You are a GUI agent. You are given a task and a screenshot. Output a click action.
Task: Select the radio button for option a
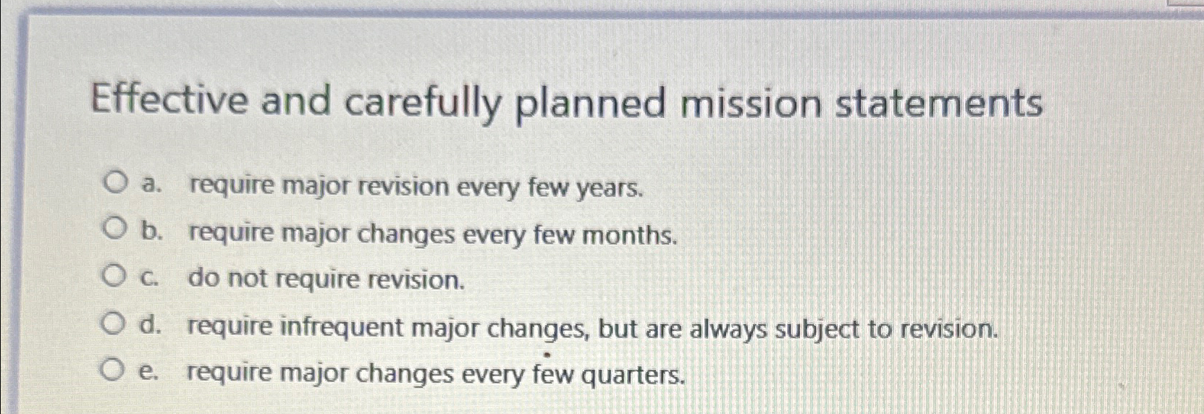coord(114,183)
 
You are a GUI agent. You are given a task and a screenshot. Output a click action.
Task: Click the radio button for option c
coord(113,276)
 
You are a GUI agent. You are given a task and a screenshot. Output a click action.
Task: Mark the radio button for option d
coord(113,324)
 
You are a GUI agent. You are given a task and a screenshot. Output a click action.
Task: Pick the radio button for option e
coord(112,371)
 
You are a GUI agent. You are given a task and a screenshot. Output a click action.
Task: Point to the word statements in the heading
coord(939,103)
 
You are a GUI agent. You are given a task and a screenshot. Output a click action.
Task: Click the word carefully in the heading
coord(423,103)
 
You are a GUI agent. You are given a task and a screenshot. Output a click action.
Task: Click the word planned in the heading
coord(590,104)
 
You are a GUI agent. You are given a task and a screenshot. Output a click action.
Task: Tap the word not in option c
coord(248,279)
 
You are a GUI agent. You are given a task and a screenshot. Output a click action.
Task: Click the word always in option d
coord(728,330)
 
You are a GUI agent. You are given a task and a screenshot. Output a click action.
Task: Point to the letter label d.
coord(150,326)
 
